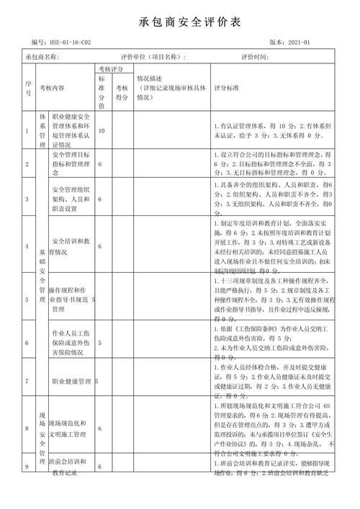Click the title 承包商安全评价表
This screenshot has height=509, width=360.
coord(179,22)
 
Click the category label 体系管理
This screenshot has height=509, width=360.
coord(42,130)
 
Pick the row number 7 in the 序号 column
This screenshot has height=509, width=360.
coord(27,381)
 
